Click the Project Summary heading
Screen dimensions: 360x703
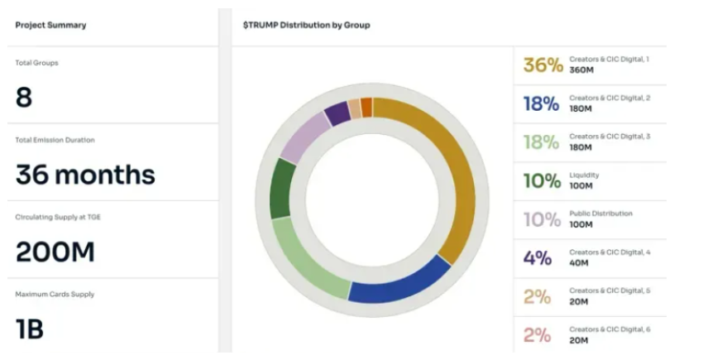tap(50, 25)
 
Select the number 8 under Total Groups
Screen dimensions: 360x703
tap(24, 98)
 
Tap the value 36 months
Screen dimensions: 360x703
tap(85, 175)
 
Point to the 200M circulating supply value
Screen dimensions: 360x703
tap(55, 252)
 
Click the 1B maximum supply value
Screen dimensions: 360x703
tap(30, 329)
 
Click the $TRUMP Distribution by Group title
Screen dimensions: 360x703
tap(306, 25)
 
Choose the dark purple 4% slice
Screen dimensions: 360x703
tap(336, 113)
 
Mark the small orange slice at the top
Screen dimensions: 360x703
tap(366, 108)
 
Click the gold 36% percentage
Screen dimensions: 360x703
tap(543, 65)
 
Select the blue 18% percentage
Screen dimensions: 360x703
tap(541, 104)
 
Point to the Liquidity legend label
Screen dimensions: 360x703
tap(584, 175)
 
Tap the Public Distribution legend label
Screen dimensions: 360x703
tap(600, 214)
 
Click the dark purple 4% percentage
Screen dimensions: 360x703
tap(538, 258)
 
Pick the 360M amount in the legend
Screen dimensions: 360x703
tap(581, 70)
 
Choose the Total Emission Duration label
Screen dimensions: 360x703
tap(55, 140)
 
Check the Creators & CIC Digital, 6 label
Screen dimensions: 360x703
tap(610, 329)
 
